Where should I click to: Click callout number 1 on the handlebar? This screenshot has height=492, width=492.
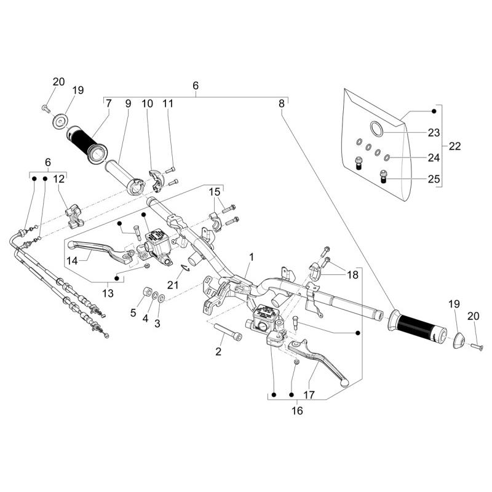click(251, 255)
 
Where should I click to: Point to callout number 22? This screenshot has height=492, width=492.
click(455, 146)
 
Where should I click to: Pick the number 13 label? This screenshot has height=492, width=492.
click(108, 294)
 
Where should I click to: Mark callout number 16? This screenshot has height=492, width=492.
click(298, 411)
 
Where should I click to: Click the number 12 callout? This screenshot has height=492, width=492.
click(58, 179)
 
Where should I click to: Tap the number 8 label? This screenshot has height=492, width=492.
click(282, 104)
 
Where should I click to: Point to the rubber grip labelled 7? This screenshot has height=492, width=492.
click(89, 142)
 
